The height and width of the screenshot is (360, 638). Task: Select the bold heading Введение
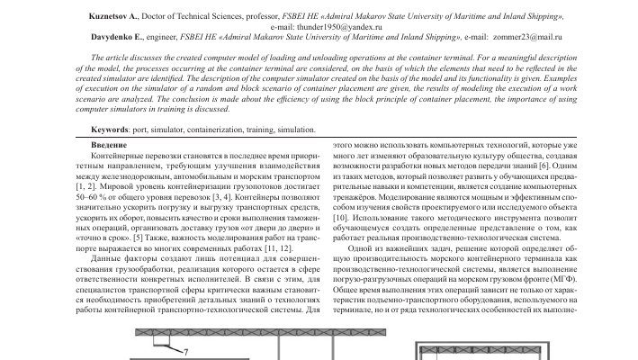point(110,145)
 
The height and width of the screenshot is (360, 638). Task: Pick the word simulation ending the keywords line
point(296,130)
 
